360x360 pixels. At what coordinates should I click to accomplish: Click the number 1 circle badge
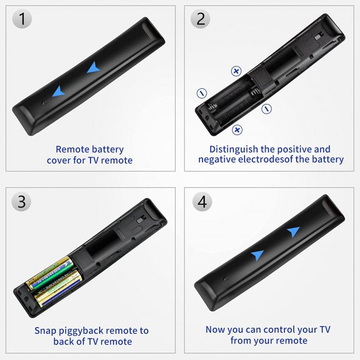tap(22, 19)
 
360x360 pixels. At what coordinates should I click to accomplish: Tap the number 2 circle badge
tap(201, 19)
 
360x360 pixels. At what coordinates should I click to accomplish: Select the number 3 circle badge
tap(22, 201)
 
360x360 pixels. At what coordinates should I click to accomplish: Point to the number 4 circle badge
tap(201, 201)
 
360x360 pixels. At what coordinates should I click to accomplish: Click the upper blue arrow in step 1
tap(93, 68)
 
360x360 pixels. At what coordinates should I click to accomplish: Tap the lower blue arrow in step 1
tap(58, 91)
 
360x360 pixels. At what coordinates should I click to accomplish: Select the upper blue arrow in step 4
tap(293, 232)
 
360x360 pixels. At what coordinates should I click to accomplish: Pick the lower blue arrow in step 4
tap(257, 255)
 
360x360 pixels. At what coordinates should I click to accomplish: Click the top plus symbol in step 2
tap(236, 71)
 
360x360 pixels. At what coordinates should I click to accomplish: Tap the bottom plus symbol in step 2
tap(237, 129)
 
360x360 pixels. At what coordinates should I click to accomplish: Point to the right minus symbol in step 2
tap(266, 109)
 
